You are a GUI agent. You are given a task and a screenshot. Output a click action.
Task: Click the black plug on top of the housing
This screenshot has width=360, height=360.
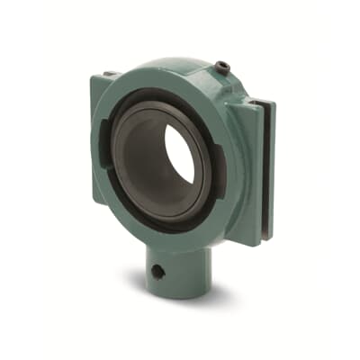(x=220, y=65)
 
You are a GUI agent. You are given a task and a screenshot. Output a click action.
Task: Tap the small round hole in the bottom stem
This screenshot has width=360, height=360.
(x=158, y=270)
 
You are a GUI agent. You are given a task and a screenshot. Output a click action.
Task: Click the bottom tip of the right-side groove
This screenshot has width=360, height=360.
(x=261, y=239)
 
